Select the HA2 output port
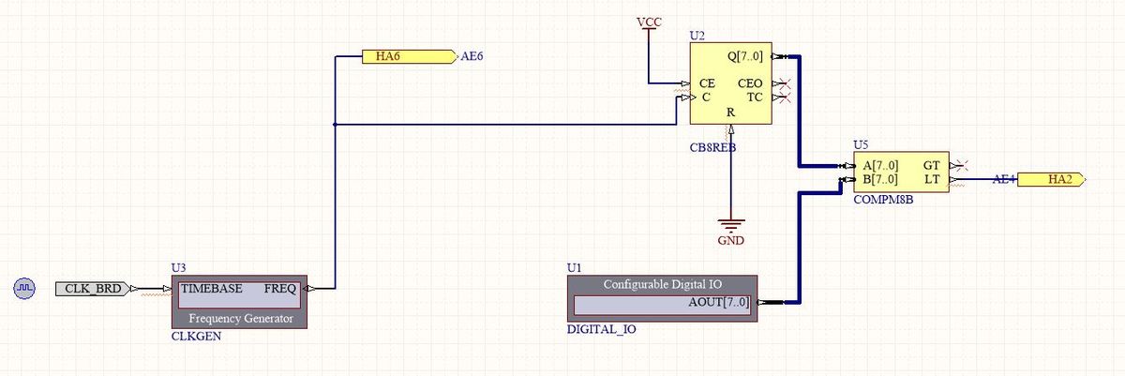point(1051,179)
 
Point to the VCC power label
point(648,22)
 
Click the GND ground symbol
point(728,227)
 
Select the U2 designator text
point(697,35)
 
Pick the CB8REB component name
point(712,147)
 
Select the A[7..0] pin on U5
point(879,165)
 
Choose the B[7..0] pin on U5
point(879,178)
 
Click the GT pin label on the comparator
point(933,165)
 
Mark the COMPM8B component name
point(883,200)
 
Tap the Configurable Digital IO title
point(663,283)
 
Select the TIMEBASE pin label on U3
point(212,289)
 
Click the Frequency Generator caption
point(241,319)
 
